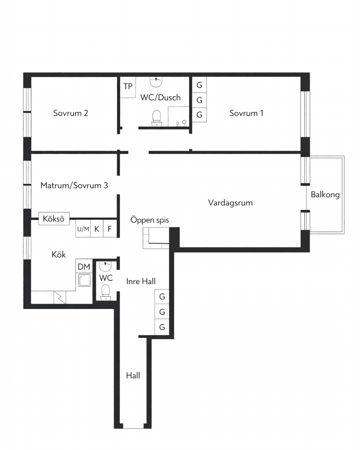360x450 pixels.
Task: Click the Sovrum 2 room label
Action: [70, 113]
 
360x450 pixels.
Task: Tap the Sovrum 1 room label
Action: [246, 113]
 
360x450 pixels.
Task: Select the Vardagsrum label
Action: [230, 203]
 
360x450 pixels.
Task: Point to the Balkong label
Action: [325, 195]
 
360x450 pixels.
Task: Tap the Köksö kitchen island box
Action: [54, 219]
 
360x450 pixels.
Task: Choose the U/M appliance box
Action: [83, 229]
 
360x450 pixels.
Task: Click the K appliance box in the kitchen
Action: [97, 229]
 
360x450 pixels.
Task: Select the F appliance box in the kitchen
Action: [110, 229]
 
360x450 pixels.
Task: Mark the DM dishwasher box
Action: [84, 267]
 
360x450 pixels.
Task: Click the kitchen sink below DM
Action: [84, 280]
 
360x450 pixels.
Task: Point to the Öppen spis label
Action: [150, 220]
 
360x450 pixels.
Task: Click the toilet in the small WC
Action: [106, 292]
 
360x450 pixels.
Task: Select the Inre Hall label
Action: [141, 281]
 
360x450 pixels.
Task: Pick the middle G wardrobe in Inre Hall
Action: [162, 312]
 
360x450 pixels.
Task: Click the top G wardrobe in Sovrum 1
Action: [199, 84]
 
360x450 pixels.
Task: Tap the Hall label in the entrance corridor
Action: [133, 375]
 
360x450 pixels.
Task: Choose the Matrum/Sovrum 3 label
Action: [74, 185]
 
